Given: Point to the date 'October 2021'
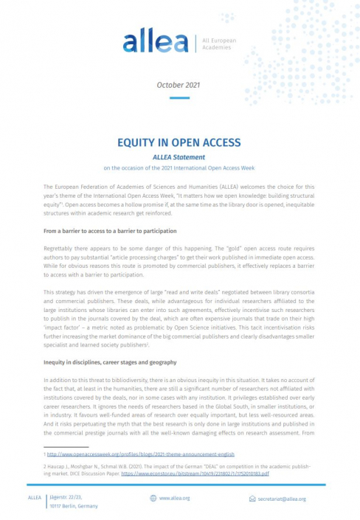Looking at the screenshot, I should point(179,85).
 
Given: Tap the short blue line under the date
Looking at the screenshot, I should point(179,98).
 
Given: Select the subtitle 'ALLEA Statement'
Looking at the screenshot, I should point(179,156).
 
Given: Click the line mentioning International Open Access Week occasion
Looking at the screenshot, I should point(179,167).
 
